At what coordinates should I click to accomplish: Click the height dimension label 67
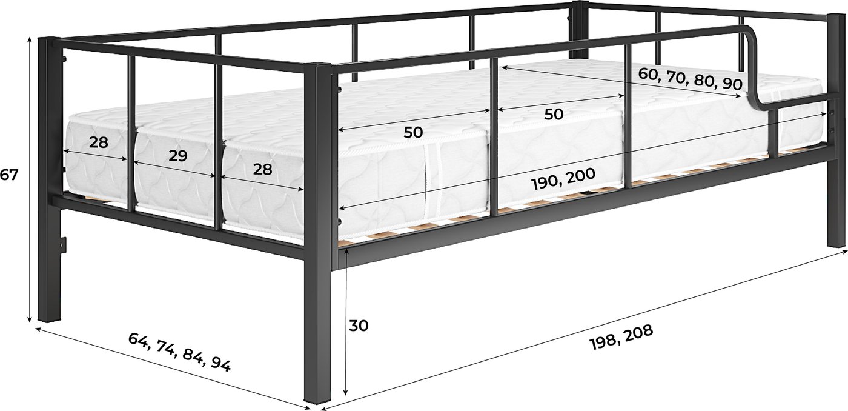coord(8,175)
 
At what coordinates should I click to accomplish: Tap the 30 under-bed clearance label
coord(358,326)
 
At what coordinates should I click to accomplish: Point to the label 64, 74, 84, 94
coord(179,352)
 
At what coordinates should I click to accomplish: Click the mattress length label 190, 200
coord(564,178)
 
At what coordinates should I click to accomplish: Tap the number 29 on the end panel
coord(178,156)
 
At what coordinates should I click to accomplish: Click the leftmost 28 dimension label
coord(98,142)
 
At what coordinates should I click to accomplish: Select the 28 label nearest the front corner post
coord(262,169)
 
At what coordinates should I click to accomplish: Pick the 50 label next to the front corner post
coord(413,132)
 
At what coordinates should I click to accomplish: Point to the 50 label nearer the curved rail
coord(554,113)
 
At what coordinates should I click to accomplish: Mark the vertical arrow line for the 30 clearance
coord(345,322)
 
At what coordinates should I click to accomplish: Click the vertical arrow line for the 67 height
coord(30,180)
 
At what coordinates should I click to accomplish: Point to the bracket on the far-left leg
coord(63,245)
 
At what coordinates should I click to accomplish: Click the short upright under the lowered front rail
coord(774,133)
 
